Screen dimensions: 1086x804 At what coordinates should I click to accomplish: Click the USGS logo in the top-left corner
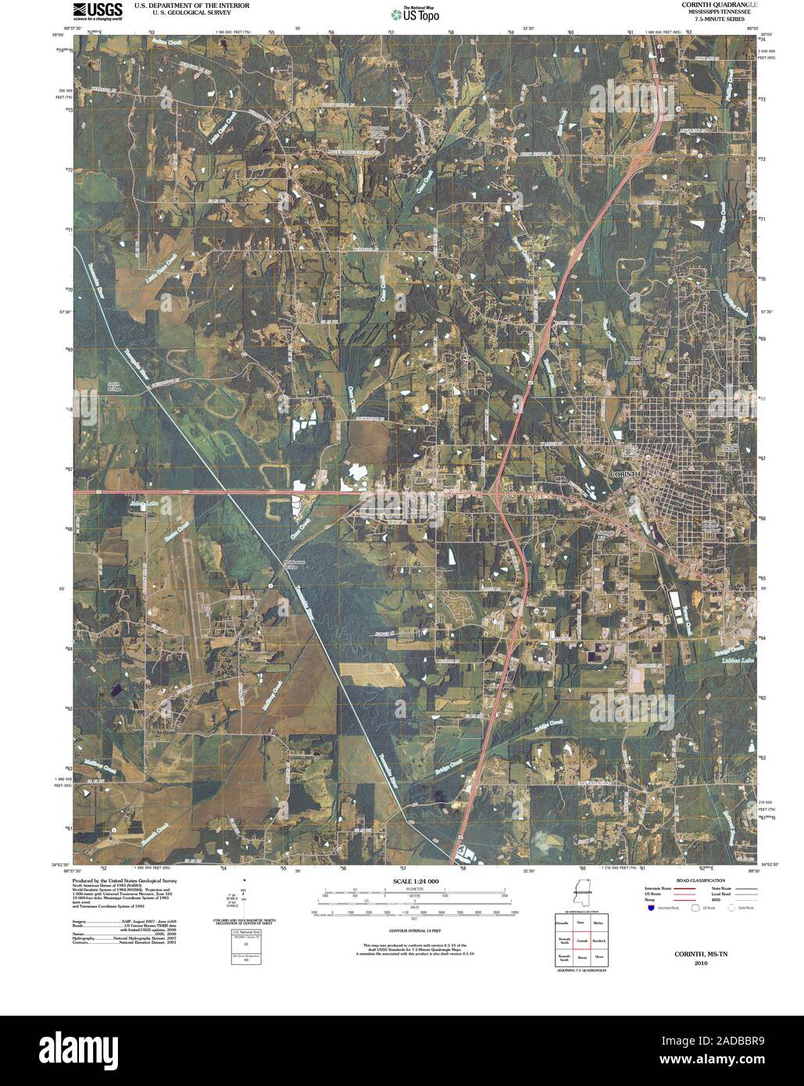point(98,11)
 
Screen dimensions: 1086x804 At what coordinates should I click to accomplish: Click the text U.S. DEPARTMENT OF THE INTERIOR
point(180,5)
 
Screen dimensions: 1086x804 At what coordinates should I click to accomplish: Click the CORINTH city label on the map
point(625,474)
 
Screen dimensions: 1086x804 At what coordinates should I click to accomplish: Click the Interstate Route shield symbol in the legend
point(650,908)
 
